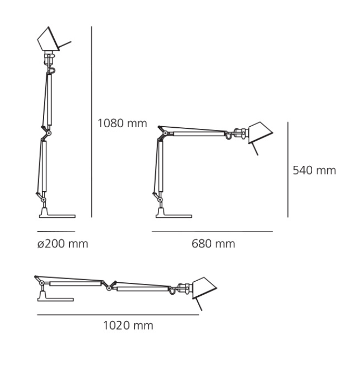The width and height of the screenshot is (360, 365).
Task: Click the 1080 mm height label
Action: pyautogui.click(x=123, y=123)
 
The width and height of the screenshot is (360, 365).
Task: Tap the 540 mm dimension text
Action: pyautogui.click(x=314, y=170)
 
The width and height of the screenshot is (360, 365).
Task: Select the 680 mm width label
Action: pyautogui.click(x=213, y=244)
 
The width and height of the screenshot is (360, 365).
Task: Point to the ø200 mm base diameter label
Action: pyautogui.click(x=63, y=244)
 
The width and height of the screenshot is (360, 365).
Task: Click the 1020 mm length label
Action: pyautogui.click(x=128, y=325)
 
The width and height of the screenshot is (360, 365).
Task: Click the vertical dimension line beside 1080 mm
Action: pyautogui.click(x=91, y=122)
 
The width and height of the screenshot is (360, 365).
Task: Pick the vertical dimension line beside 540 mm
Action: pyautogui.click(x=288, y=170)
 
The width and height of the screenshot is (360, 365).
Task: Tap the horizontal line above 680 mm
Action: pyautogui.click(x=212, y=231)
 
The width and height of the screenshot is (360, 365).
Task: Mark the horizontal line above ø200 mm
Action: pyautogui.click(x=56, y=231)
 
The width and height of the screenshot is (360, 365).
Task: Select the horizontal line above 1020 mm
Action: pyautogui.click(x=118, y=315)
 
